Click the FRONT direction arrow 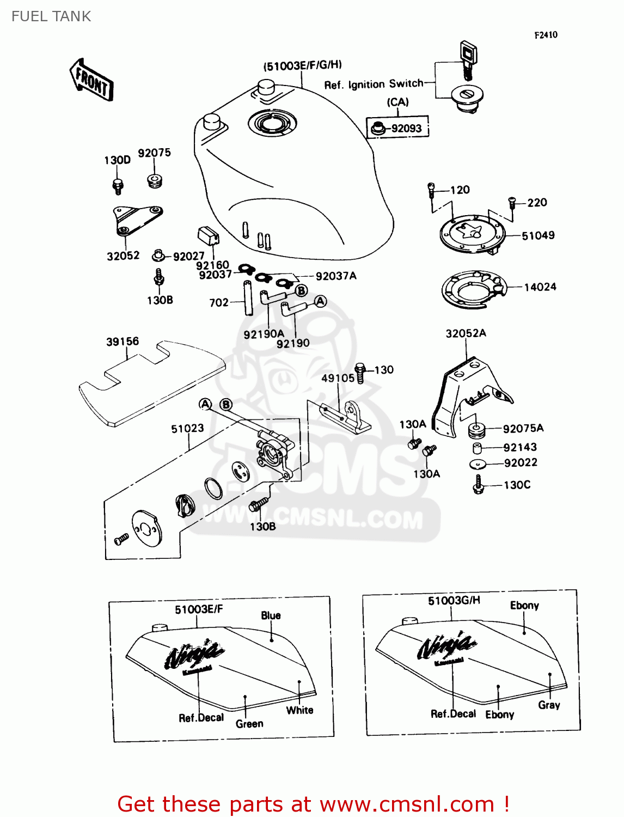(91, 80)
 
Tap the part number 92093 (406, 129)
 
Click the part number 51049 (538, 235)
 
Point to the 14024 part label (540, 287)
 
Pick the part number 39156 (123, 342)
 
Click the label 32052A (466, 333)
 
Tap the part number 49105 (338, 377)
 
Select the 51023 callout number (187, 429)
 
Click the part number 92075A (523, 429)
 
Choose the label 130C (517, 485)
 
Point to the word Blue (271, 615)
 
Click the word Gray (549, 705)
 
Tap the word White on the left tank (299, 710)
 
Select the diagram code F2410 (546, 35)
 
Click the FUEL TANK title (51, 16)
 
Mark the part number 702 (219, 302)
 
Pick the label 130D (117, 160)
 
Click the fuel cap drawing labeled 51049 (472, 234)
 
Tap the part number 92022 (521, 463)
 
